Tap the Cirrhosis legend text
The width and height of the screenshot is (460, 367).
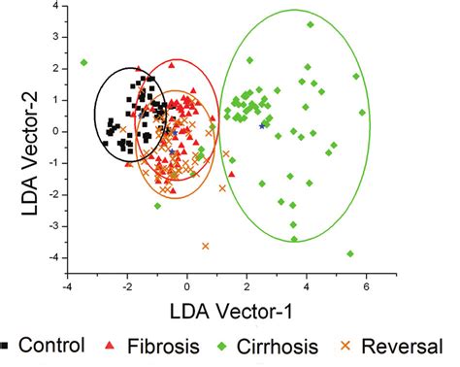point(290,345)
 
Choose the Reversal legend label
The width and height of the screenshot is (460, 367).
point(408,345)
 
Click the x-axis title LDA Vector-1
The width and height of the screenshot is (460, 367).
point(216,311)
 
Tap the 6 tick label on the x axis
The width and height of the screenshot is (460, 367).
point(366,286)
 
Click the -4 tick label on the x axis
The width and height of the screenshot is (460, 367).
point(66,286)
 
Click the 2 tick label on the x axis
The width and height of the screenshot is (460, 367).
point(246,286)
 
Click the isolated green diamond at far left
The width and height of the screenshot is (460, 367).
point(84,62)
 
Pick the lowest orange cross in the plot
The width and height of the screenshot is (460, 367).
point(206,246)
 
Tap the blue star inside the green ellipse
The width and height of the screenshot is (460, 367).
point(261,126)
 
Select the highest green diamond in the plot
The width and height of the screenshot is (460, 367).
point(311,24)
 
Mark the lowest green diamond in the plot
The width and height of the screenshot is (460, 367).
point(349,253)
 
